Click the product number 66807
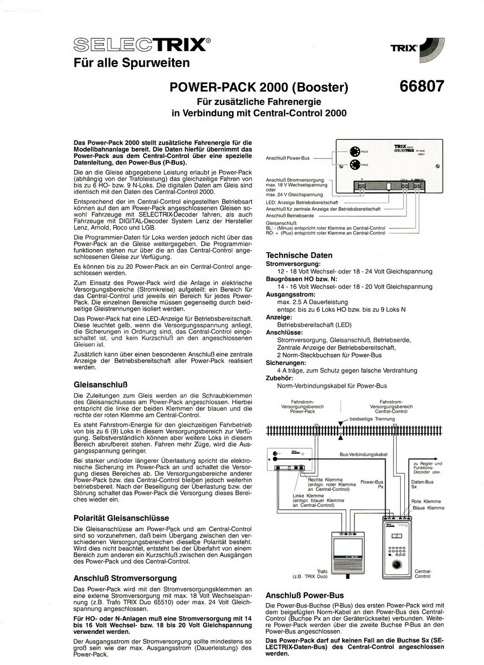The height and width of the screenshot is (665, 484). [x=422, y=86]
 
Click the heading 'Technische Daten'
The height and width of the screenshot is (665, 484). [x=300, y=255]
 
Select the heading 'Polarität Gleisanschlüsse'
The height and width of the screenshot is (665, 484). [x=121, y=518]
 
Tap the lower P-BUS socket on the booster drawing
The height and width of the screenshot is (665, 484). [x=354, y=165]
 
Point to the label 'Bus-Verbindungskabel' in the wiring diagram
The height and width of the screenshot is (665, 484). [x=364, y=455]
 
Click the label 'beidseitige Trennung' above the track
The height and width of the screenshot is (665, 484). [x=372, y=419]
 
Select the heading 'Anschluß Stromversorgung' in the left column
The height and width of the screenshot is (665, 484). [x=125, y=578]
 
